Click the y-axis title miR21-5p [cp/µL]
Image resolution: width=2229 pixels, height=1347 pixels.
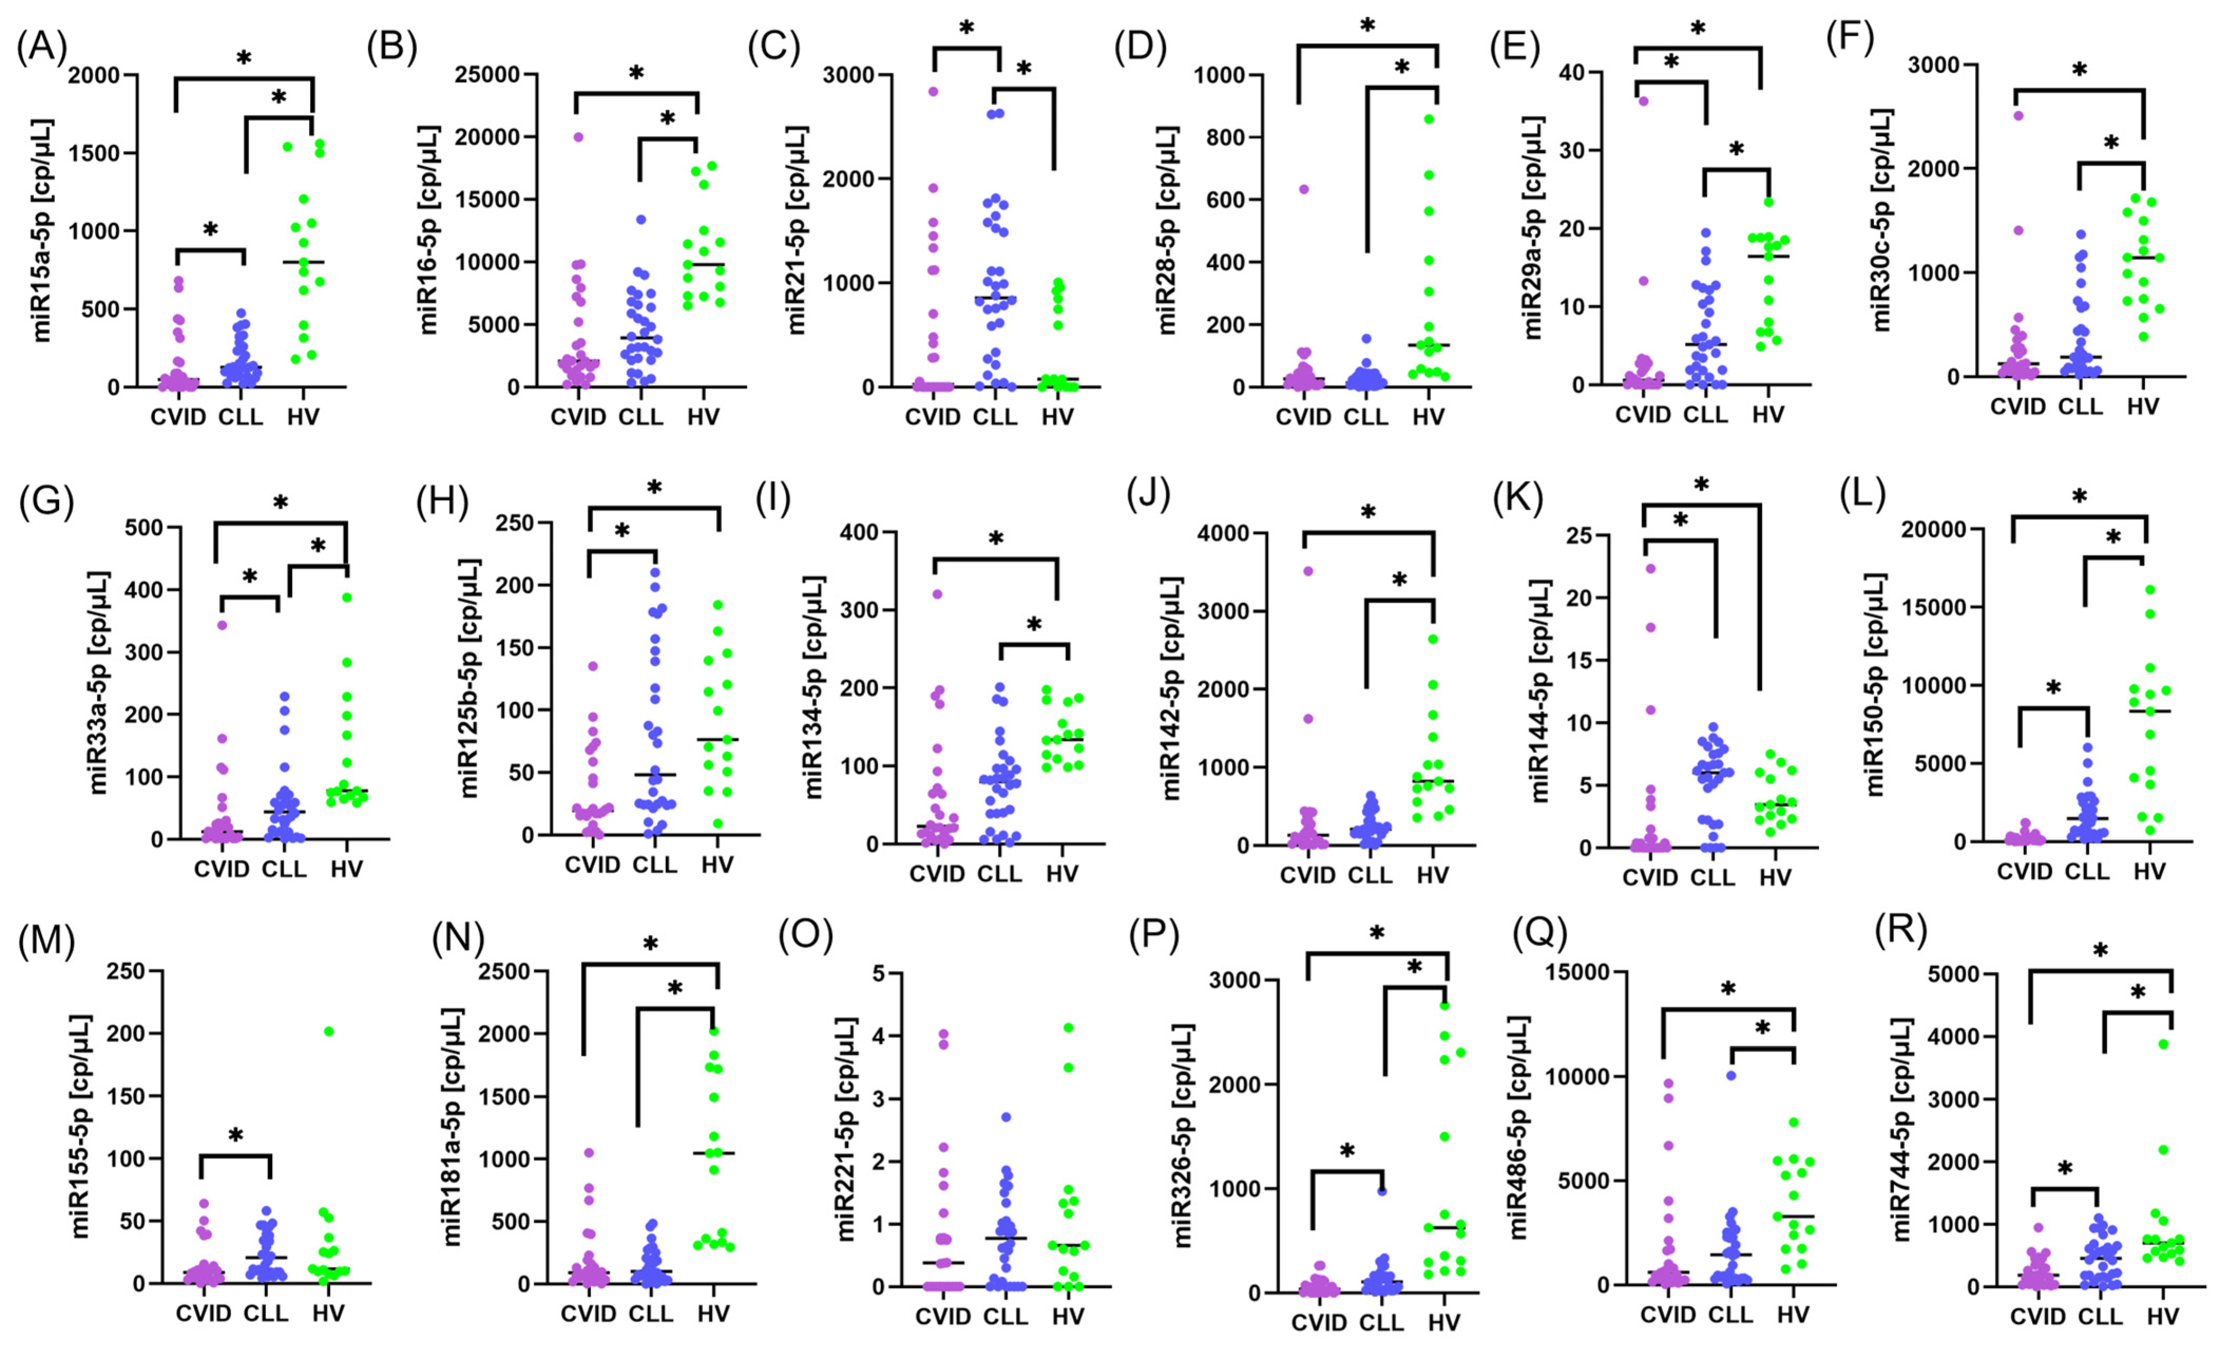pyautogui.click(x=796, y=231)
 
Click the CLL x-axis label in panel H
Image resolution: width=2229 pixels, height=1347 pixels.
pyautogui.click(x=654, y=865)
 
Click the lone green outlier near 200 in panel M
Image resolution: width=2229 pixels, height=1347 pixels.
pyautogui.click(x=329, y=1031)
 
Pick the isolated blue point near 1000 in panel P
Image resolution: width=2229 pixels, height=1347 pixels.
pyautogui.click(x=1381, y=1190)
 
